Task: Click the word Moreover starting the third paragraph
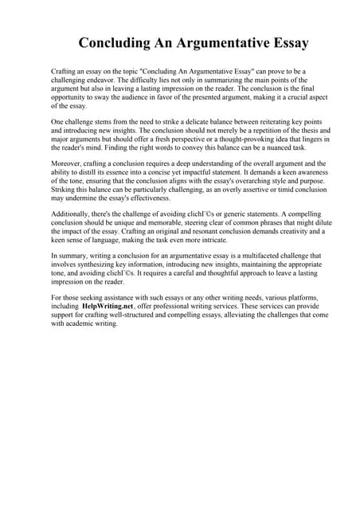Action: (68, 163)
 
